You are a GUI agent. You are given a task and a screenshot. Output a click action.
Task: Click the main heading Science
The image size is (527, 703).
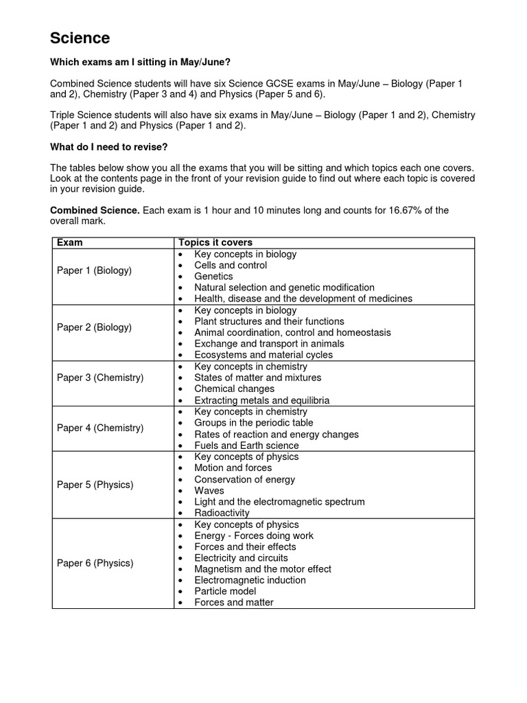(x=80, y=38)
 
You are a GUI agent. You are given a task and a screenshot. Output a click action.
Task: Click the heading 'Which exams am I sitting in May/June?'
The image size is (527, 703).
(x=140, y=62)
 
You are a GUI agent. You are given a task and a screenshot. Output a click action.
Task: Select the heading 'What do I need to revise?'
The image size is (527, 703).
(x=109, y=147)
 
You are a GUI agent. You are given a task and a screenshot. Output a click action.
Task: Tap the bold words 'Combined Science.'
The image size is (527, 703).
(x=95, y=211)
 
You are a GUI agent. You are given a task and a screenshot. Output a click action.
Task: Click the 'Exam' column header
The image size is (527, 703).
(x=69, y=242)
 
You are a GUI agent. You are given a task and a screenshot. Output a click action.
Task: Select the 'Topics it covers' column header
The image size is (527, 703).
(x=215, y=242)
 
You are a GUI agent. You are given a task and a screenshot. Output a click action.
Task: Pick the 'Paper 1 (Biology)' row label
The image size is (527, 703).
(x=94, y=270)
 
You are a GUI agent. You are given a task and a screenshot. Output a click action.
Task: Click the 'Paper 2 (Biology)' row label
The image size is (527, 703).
(x=94, y=327)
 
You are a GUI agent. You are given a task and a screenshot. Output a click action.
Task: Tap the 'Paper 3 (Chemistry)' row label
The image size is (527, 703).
(x=100, y=378)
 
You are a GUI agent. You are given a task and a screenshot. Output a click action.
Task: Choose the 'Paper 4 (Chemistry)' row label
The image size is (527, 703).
(x=100, y=428)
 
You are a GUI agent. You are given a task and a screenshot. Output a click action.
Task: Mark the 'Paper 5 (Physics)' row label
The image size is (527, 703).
(x=95, y=485)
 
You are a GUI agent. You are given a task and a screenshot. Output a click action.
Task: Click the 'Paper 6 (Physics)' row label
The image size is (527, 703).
(x=95, y=563)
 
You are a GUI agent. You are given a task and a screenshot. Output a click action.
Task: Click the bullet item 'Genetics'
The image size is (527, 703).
(x=213, y=276)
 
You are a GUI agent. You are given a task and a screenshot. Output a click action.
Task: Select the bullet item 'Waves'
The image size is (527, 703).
(x=209, y=491)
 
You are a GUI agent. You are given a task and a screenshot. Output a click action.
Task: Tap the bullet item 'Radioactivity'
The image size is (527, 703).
(x=222, y=513)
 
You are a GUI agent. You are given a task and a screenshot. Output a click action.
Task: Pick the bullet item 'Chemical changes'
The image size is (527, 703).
(x=234, y=389)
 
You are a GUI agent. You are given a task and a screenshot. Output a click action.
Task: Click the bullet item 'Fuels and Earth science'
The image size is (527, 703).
(x=246, y=446)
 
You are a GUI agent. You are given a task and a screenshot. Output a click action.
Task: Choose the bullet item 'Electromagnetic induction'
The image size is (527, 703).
(x=250, y=580)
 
